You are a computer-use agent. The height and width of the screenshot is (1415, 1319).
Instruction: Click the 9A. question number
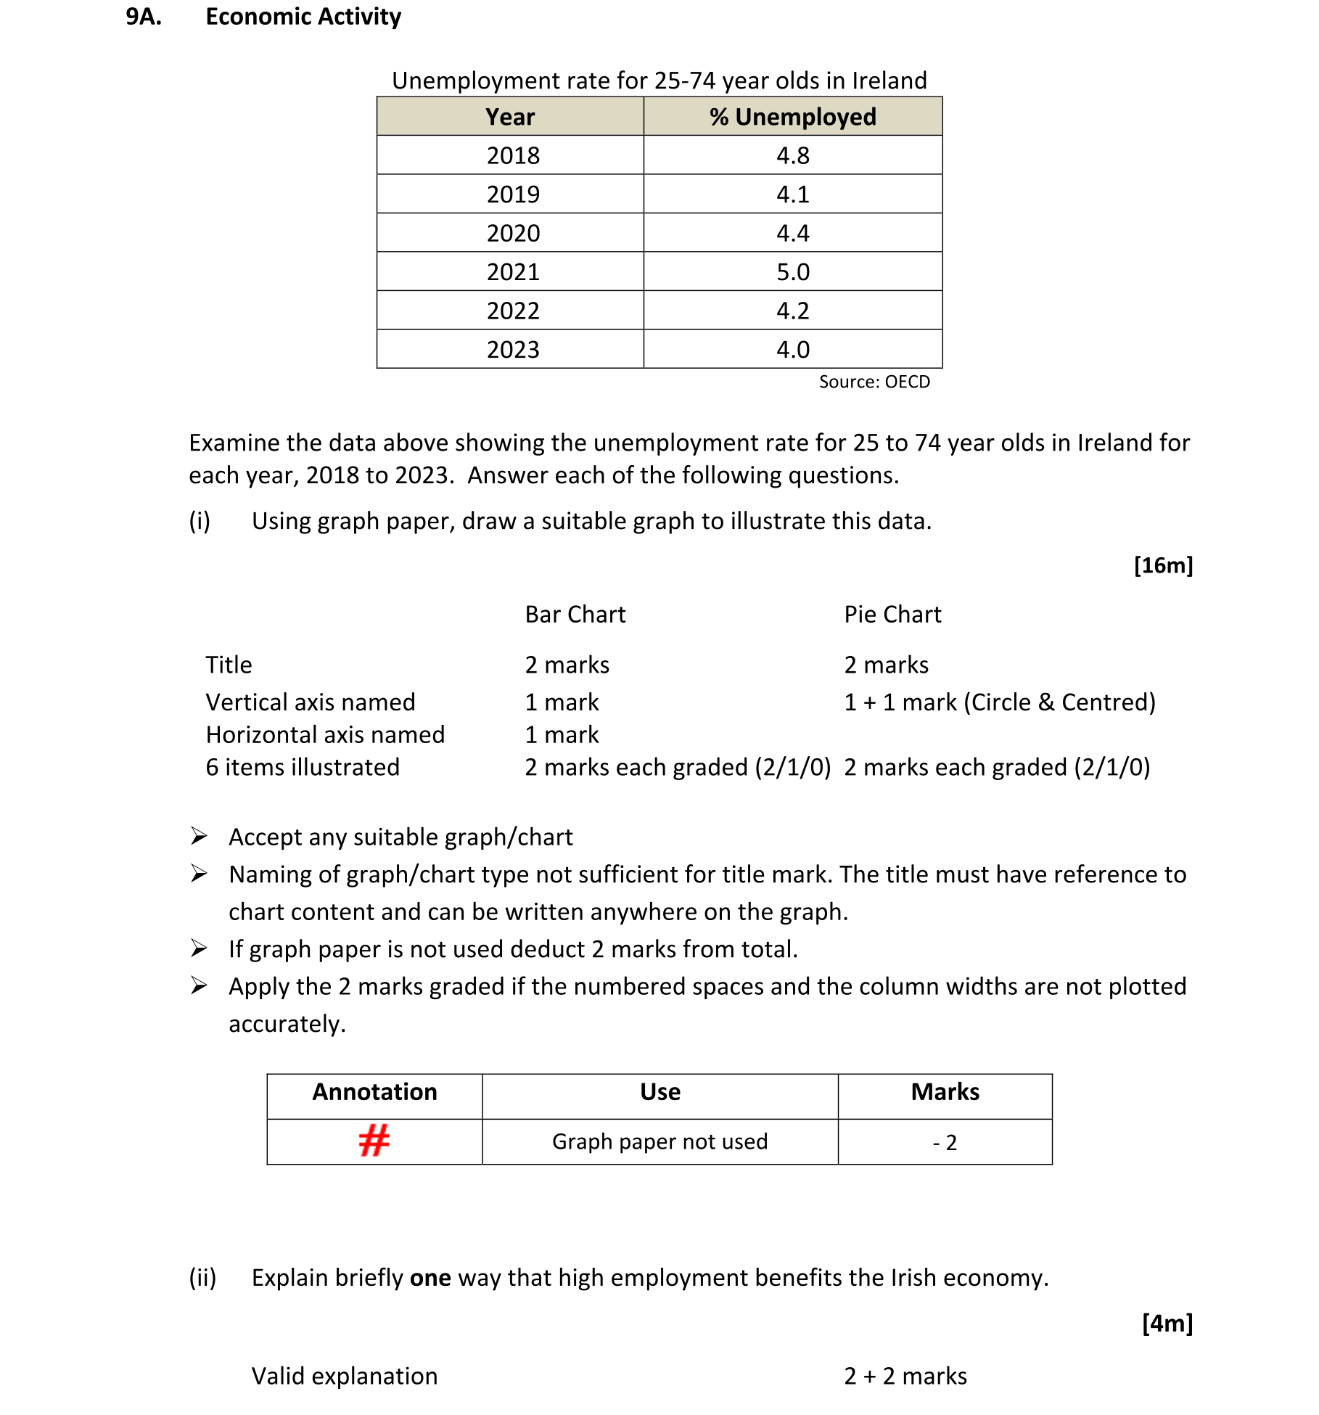tap(144, 17)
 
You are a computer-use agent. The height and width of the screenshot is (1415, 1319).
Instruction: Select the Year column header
tap(510, 117)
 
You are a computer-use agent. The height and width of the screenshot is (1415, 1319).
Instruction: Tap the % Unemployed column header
tap(792, 117)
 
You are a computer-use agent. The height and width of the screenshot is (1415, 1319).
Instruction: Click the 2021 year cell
tap(513, 272)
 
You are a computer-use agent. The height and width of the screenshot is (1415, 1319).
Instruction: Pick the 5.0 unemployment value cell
tap(792, 272)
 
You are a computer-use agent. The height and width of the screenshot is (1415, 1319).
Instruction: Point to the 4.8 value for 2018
tap(792, 155)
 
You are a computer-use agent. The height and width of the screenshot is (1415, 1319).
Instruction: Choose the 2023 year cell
tap(513, 350)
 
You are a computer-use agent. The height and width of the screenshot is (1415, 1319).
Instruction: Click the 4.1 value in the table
tap(792, 194)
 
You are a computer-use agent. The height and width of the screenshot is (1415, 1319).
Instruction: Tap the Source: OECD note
tap(874, 382)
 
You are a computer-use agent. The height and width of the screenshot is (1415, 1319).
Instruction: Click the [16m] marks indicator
tap(1162, 565)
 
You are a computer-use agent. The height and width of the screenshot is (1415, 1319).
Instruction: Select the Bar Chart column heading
tap(575, 615)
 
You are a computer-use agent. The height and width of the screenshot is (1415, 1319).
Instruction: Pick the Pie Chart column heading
tap(892, 615)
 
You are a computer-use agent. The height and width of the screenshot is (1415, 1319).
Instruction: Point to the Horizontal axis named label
tap(325, 735)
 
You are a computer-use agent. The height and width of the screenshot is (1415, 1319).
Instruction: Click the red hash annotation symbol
tap(374, 1141)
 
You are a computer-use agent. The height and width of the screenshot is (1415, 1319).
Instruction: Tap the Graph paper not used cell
tap(659, 1141)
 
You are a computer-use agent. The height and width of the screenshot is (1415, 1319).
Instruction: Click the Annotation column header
tap(374, 1092)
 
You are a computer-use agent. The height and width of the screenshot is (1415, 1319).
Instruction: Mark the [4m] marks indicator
tap(1167, 1323)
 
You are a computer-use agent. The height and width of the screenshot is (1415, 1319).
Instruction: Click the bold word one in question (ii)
tap(430, 1278)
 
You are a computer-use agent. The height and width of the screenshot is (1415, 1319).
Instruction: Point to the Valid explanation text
tap(345, 1376)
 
